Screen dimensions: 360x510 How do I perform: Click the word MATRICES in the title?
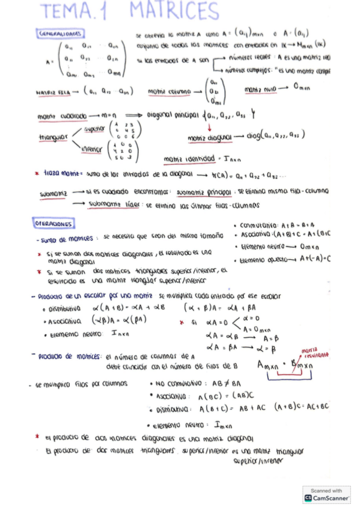(x=174, y=11)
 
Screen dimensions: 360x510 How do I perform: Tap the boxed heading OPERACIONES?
(x=55, y=224)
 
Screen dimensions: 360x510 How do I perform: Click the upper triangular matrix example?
(x=129, y=127)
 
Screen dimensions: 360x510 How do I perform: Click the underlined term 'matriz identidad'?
(x=189, y=159)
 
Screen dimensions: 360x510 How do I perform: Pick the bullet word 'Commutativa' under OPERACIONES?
(x=258, y=226)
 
